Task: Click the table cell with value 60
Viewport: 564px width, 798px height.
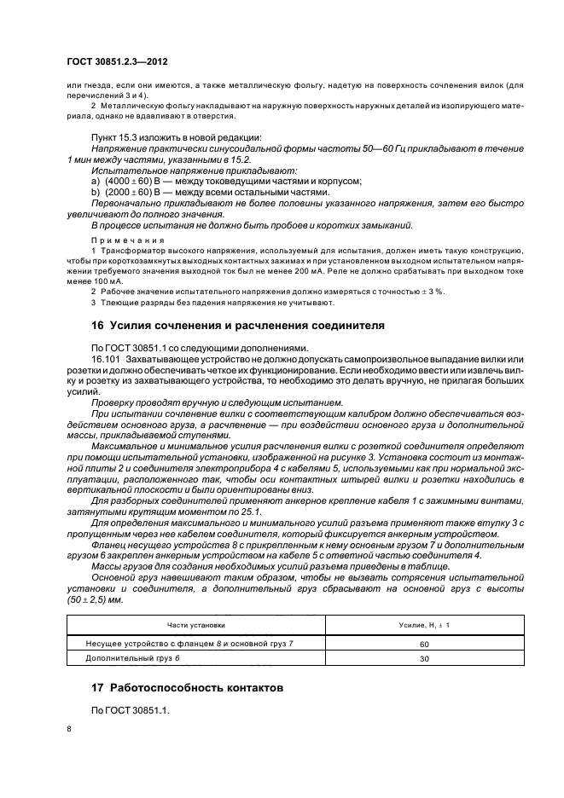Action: coord(423,644)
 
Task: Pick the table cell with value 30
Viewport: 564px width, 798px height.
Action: coord(423,659)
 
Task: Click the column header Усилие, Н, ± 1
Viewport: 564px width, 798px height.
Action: coord(423,626)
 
